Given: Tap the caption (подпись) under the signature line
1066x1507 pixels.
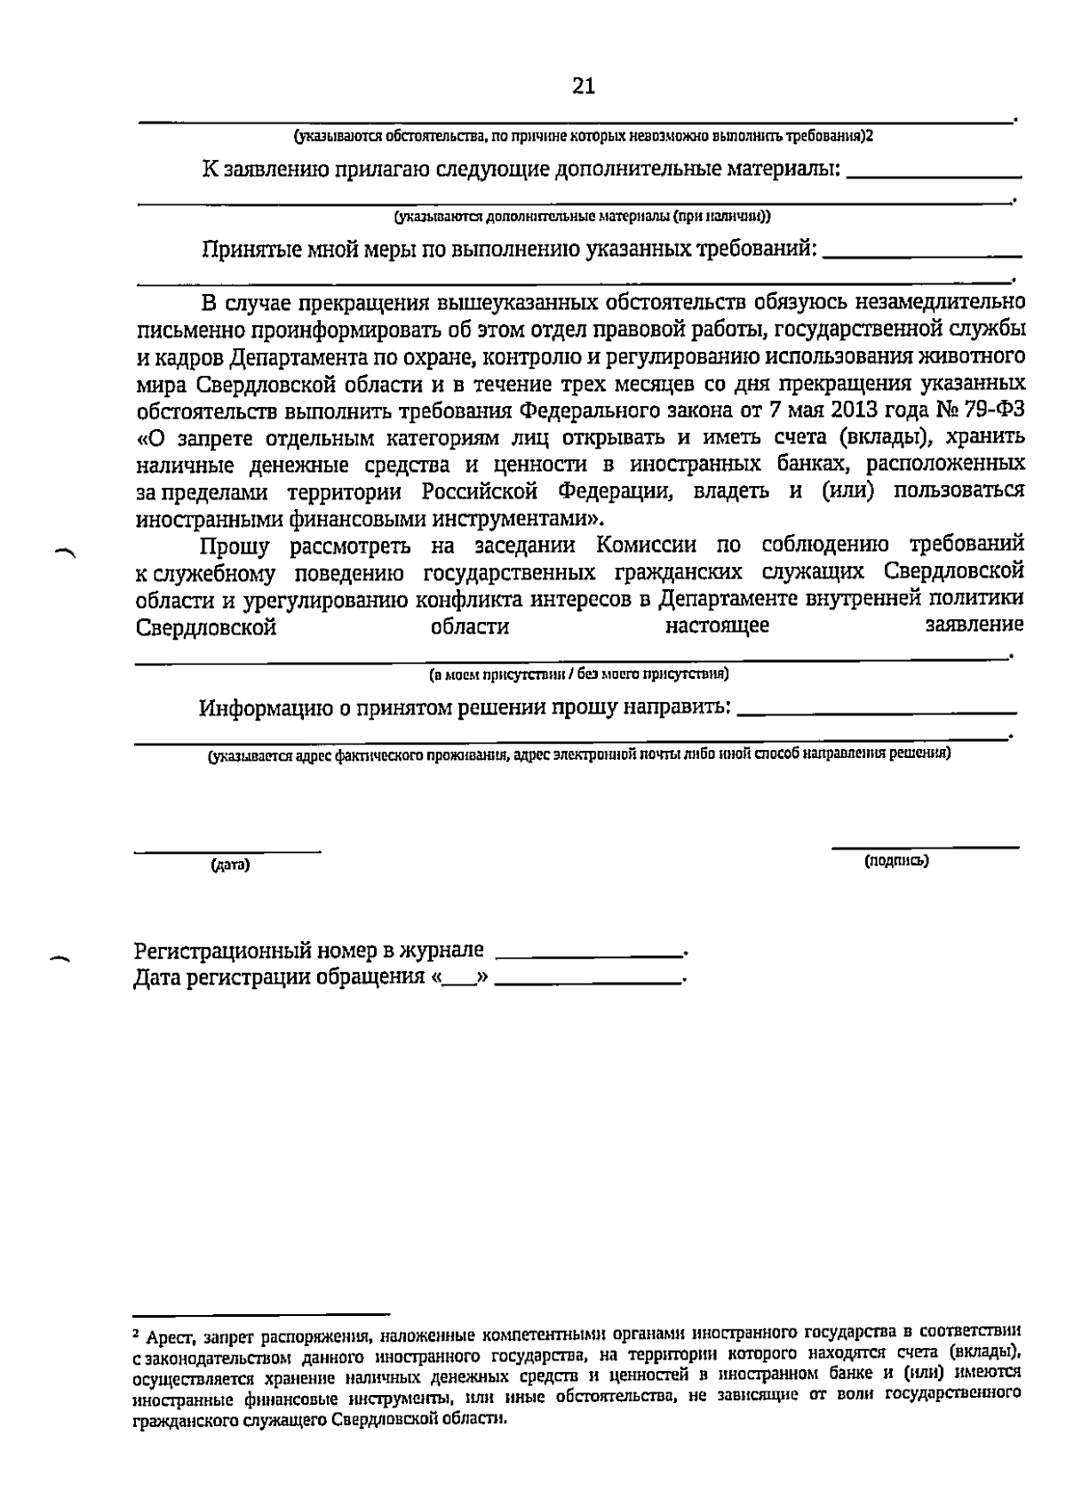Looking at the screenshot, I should pyautogui.click(x=896, y=860).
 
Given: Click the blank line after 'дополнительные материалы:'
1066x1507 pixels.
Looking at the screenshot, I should pyautogui.click(x=935, y=177).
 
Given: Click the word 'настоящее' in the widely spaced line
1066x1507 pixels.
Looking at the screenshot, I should pyautogui.click(x=717, y=626).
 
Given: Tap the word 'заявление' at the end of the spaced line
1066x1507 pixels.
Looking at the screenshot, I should pyautogui.click(x=975, y=626).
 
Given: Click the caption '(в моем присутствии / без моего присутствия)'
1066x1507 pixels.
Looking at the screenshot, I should pyautogui.click(x=579, y=674).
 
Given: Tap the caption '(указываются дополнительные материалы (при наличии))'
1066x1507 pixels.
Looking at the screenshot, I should pyautogui.click(x=583, y=216).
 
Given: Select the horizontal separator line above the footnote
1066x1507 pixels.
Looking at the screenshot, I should pyautogui.click(x=261, y=1312).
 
